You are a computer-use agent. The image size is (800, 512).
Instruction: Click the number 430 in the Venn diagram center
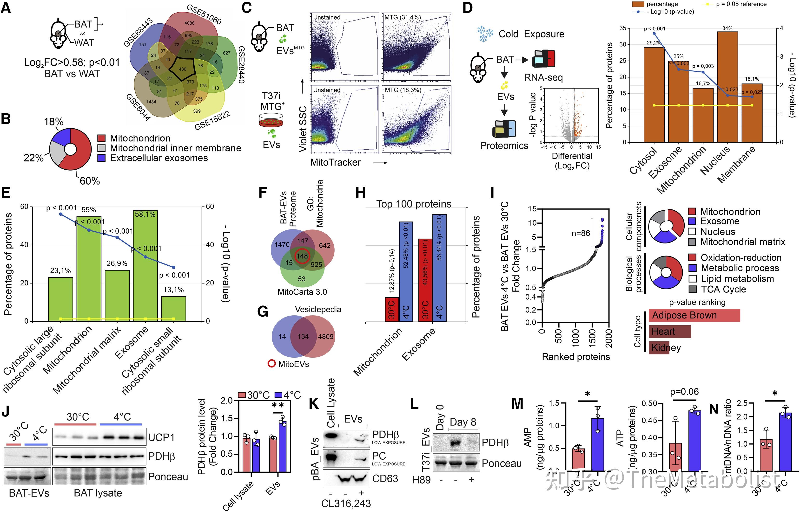pos(182,69)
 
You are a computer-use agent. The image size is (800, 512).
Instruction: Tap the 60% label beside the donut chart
pos(90,181)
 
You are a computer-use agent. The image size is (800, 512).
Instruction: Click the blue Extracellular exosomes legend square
pos(102,158)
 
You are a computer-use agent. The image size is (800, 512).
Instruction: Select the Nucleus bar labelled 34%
pos(727,86)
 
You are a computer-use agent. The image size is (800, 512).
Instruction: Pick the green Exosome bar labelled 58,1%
pos(145,266)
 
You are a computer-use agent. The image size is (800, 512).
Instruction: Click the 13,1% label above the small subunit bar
pos(173,290)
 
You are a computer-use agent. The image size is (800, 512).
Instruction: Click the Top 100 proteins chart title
pos(414,204)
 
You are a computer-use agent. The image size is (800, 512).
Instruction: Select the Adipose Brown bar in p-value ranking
pos(694,315)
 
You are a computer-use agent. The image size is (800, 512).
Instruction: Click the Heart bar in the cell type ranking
pos(669,332)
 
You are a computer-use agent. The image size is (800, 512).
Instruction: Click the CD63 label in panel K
pos(385,478)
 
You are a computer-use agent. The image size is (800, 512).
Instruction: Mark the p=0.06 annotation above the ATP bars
pos(684,392)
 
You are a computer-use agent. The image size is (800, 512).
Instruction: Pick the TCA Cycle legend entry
pos(723,289)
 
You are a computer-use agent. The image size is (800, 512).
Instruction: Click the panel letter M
pos(517,404)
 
